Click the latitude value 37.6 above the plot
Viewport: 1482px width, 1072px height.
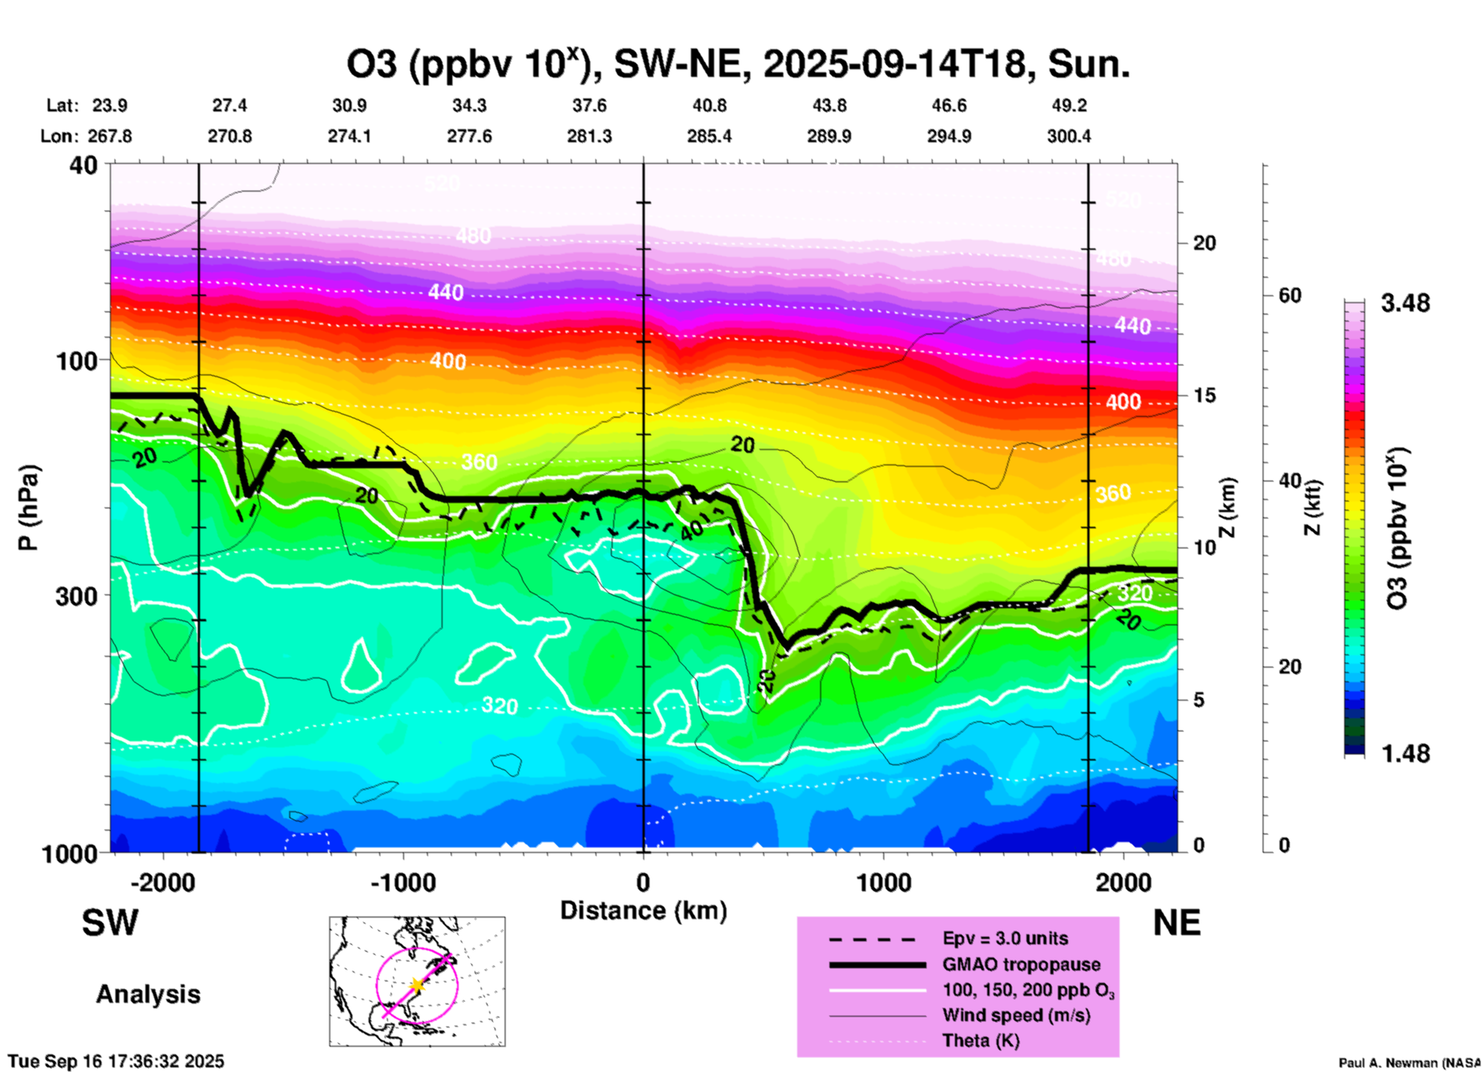pyautogui.click(x=589, y=105)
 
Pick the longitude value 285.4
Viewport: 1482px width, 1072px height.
pyautogui.click(x=709, y=136)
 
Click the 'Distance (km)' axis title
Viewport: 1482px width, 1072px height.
pyautogui.click(x=643, y=911)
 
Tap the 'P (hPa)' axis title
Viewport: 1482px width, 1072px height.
pyautogui.click(x=28, y=508)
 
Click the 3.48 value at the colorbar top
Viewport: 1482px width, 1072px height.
pyautogui.click(x=1405, y=304)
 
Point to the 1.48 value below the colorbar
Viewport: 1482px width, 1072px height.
pyautogui.click(x=1405, y=754)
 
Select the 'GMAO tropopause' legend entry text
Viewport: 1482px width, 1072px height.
pyautogui.click(x=1021, y=964)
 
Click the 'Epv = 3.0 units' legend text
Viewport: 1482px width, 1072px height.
pyautogui.click(x=1005, y=938)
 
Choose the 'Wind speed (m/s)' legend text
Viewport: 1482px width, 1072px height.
pyautogui.click(x=1016, y=1015)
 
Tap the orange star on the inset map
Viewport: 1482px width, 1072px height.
pyautogui.click(x=416, y=985)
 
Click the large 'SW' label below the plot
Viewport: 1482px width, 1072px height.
pyautogui.click(x=110, y=923)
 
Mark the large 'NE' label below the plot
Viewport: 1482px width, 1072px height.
pyautogui.click(x=1177, y=923)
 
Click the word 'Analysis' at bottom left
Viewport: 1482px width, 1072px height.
pyautogui.click(x=148, y=994)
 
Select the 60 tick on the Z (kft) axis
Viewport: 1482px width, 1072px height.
pyautogui.click(x=1290, y=296)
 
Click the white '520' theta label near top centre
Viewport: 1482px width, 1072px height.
pyautogui.click(x=442, y=183)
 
